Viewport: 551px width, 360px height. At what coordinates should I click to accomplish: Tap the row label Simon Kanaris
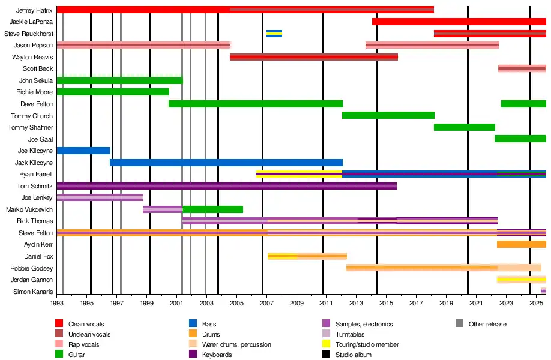click(x=37, y=292)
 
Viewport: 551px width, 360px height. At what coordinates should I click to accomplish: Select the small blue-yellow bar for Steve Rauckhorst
click(x=274, y=34)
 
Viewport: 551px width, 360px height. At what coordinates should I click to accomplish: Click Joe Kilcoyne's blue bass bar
click(x=83, y=151)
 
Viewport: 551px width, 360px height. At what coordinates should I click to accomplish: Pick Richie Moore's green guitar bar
click(x=113, y=92)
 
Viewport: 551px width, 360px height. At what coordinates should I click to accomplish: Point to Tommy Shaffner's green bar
click(x=464, y=127)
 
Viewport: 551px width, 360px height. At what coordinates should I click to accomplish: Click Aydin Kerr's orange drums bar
click(x=521, y=244)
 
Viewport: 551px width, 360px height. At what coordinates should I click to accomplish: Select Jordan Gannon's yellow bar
click(x=521, y=280)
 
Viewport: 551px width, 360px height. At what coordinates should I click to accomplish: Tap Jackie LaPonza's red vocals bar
click(x=459, y=22)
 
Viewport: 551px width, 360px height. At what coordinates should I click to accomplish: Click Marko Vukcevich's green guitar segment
click(x=212, y=209)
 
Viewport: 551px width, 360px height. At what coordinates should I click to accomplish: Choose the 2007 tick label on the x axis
click(x=266, y=304)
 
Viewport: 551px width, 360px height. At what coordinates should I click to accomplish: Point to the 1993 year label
click(x=57, y=304)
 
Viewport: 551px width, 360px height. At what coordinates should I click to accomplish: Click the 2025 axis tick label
click(x=535, y=304)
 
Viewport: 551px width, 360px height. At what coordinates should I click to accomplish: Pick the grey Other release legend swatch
click(x=460, y=324)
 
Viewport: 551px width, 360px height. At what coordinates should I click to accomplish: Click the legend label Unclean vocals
click(x=89, y=334)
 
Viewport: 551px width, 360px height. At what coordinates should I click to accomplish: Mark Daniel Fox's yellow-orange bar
click(x=307, y=256)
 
